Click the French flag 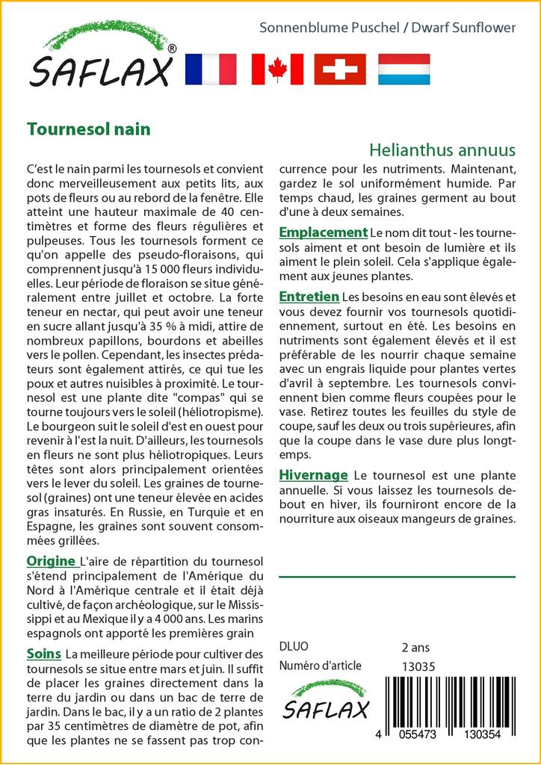(210, 69)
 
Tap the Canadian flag (277, 69)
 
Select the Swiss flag (340, 69)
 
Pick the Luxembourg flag (404, 69)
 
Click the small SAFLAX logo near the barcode (324, 701)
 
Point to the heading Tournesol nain (88, 129)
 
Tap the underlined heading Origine (51, 561)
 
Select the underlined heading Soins (44, 654)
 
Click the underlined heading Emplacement (323, 232)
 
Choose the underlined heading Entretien (309, 297)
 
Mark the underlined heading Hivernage (313, 474)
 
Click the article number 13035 (418, 666)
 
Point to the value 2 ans (415, 647)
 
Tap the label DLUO (293, 647)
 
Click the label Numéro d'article (320, 666)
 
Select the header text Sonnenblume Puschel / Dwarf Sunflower (387, 28)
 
